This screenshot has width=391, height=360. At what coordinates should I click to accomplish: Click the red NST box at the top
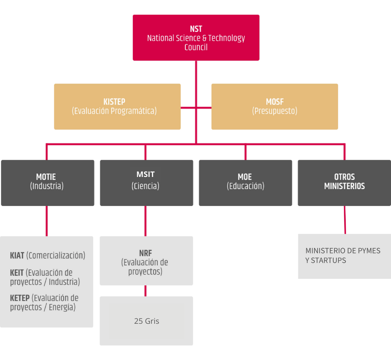point(196,38)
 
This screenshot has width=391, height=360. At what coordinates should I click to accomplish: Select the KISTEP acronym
point(114,102)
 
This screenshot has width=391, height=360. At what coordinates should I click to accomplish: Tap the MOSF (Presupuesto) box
point(275,107)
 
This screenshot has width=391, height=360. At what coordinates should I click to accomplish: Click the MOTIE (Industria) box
point(48,183)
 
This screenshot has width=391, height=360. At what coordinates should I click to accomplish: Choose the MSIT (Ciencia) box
point(146,183)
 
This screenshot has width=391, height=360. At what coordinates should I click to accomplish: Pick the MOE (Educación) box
point(245,183)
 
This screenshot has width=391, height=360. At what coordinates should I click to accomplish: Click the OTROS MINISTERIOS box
point(344,183)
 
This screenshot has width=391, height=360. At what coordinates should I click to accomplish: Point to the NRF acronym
point(146,253)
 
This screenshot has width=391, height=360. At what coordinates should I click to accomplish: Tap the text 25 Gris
point(147,321)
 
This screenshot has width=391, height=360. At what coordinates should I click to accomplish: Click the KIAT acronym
point(17,256)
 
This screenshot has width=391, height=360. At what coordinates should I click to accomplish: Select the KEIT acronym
point(17,273)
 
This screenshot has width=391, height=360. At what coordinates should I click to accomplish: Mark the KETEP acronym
point(20,298)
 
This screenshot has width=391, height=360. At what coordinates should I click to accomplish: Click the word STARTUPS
point(328,261)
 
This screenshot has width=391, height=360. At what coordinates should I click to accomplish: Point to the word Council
point(196,47)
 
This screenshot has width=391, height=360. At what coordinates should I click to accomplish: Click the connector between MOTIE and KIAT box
point(47,221)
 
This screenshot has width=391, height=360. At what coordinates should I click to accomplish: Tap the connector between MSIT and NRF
point(146,221)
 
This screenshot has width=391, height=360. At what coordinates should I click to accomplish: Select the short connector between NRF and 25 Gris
point(146,291)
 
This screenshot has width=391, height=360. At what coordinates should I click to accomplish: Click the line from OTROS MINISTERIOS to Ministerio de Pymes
point(345,220)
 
